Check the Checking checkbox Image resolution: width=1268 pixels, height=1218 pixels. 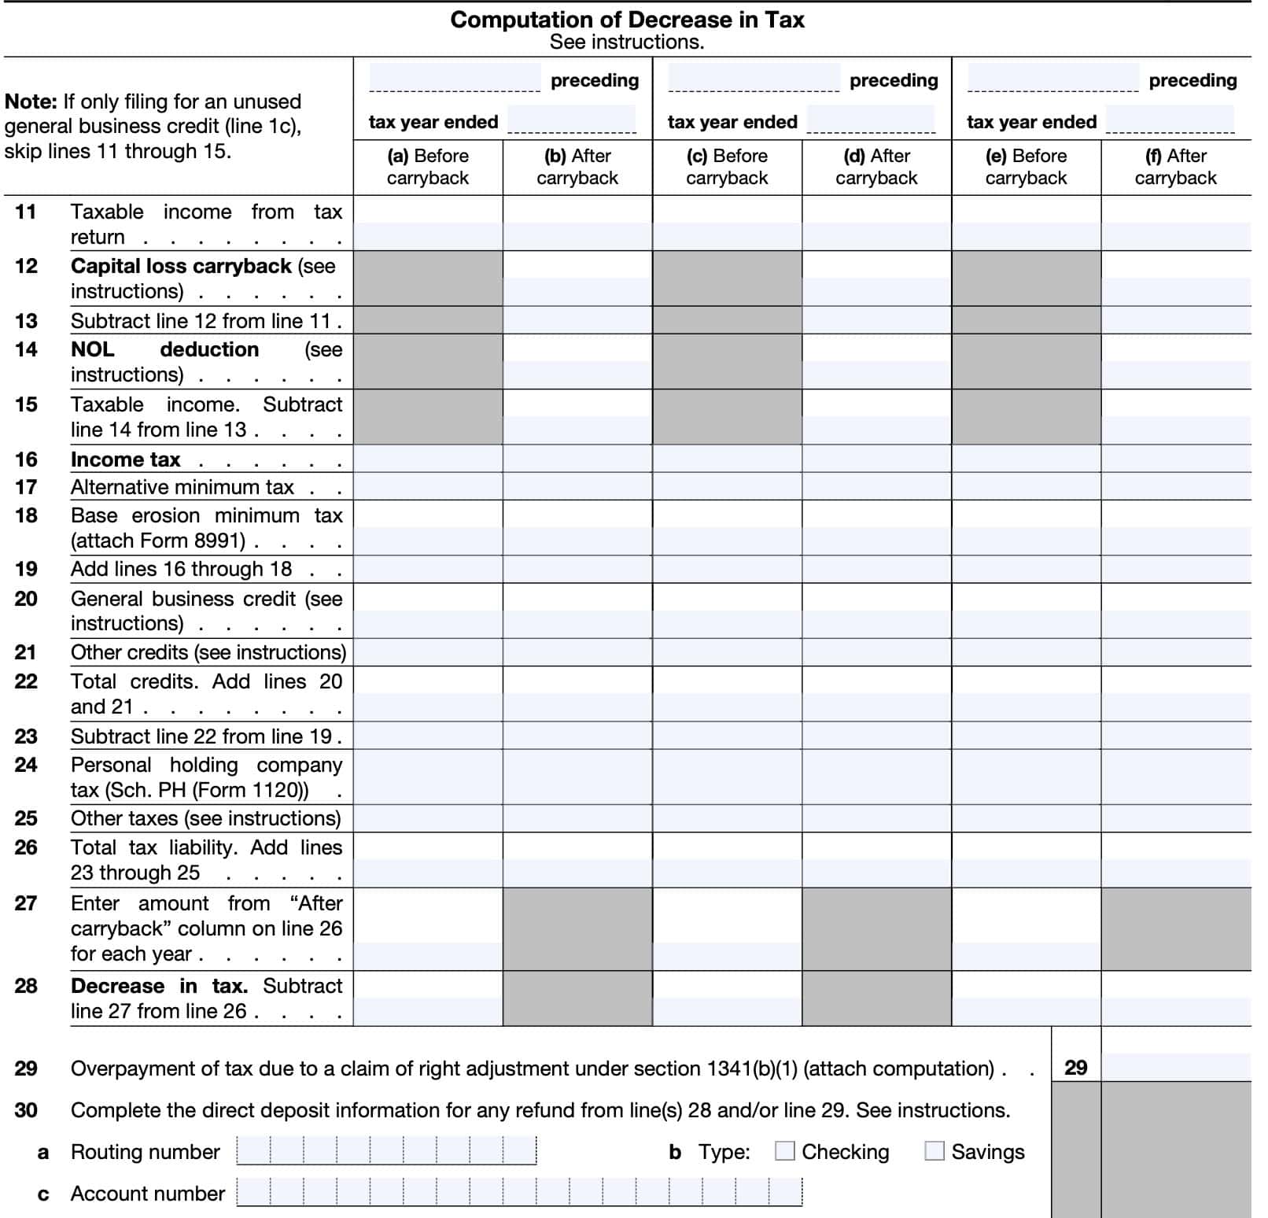pos(784,1151)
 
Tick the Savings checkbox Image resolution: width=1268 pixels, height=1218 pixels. pos(934,1151)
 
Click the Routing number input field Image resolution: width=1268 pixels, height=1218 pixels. pos(386,1151)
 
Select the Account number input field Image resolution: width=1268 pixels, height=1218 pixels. pos(519,1193)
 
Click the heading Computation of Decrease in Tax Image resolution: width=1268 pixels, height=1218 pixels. pos(627,20)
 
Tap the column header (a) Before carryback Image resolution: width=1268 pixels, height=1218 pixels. pos(428,167)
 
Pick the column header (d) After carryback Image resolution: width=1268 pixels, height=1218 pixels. pos(876,167)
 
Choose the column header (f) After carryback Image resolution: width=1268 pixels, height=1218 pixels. pos(1175,167)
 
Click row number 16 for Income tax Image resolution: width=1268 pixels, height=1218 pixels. pos(26,460)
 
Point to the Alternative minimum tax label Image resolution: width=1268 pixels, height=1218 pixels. pos(182,488)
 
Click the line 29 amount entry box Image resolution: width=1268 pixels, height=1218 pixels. pos(1176,1067)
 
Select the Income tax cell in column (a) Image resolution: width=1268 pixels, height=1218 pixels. pos(428,459)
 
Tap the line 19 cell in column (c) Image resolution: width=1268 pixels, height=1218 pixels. pos(727,569)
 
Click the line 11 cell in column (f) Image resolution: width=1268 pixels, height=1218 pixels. pos(1176,223)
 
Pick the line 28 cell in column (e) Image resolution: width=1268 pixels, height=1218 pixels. pos(1026,998)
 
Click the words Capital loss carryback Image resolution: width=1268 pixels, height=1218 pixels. pos(181,266)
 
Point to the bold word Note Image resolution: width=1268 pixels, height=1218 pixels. pos(30,101)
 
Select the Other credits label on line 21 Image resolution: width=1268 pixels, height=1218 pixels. pos(129,652)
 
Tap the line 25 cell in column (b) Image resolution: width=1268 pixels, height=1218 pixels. pos(577,818)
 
